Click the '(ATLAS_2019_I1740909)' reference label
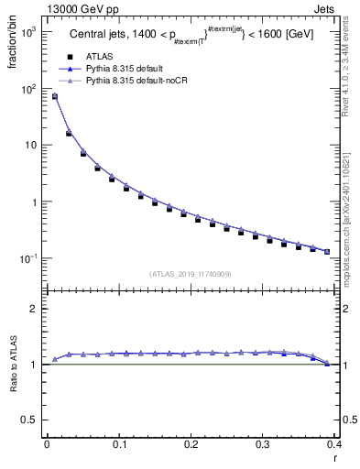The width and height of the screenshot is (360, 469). pyautogui.click(x=190, y=274)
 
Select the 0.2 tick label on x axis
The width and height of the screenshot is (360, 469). pyautogui.click(x=191, y=446)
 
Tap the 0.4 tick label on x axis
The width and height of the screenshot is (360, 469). pyautogui.click(x=334, y=446)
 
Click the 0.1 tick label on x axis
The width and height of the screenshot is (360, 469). pyautogui.click(x=119, y=446)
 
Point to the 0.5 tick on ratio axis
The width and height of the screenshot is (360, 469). pyautogui.click(x=30, y=420)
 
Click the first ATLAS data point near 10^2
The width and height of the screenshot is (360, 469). pyautogui.click(x=55, y=96)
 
